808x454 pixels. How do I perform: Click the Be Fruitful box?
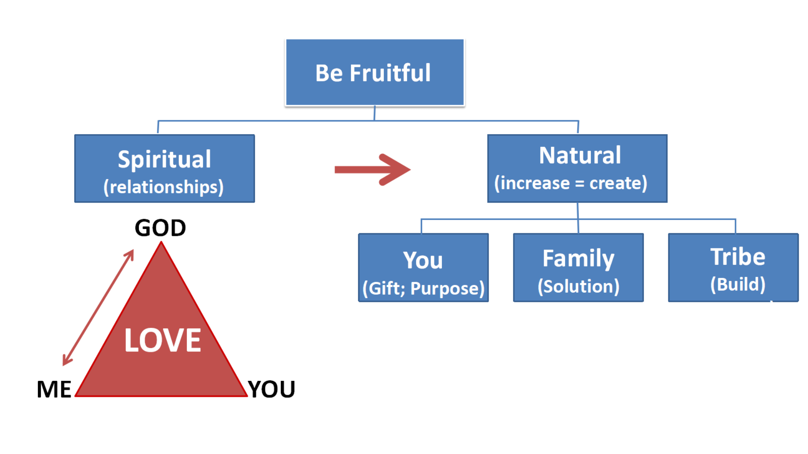click(375, 72)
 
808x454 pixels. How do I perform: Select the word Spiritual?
click(164, 160)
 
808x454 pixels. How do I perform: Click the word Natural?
click(580, 156)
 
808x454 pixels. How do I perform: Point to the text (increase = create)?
click(571, 183)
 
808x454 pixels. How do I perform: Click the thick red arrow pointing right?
click(372, 169)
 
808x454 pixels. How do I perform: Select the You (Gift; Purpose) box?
click(423, 268)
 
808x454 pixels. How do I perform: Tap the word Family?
click(578, 259)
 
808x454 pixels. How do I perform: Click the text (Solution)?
click(578, 286)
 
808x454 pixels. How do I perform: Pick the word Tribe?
click(738, 257)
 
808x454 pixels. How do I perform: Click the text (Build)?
click(738, 285)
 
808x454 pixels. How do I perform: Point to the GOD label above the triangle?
click(160, 228)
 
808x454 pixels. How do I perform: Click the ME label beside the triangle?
click(54, 389)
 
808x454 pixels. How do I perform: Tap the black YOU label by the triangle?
click(271, 389)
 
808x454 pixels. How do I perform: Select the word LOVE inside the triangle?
click(162, 340)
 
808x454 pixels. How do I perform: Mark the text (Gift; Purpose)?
click(423, 288)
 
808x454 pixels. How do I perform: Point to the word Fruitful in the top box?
click(390, 73)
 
